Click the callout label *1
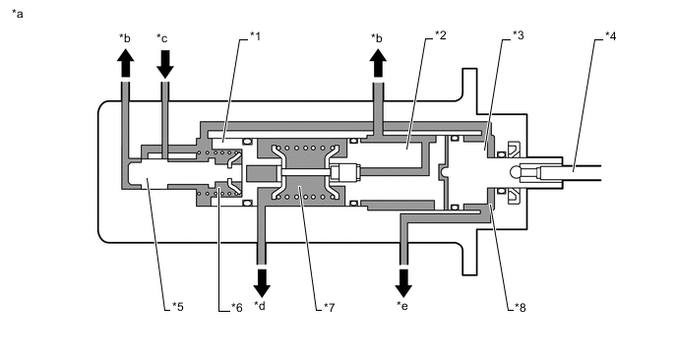(256, 35)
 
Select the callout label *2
(441, 35)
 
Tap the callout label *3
(519, 35)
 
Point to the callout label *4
(610, 35)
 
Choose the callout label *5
(178, 307)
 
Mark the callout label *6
(236, 307)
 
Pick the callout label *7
(329, 307)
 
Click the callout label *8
(521, 307)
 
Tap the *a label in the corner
(18, 14)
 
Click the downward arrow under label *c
(164, 64)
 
